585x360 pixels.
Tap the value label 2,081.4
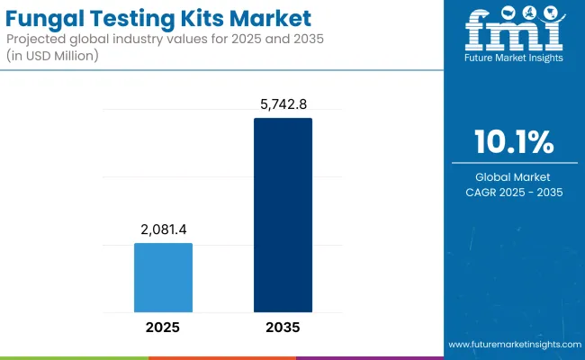163,230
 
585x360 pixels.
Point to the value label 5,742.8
283,105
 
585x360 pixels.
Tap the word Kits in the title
211,19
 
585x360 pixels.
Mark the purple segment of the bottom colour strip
369,357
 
